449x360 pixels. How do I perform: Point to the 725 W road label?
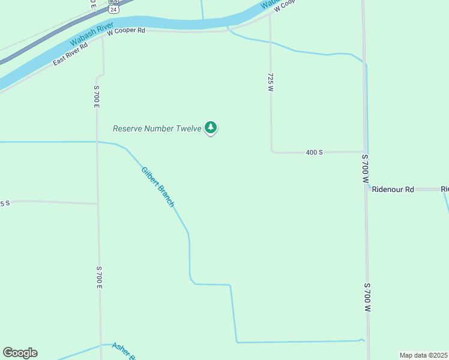pyautogui.click(x=271, y=82)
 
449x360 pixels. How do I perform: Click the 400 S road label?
pyautogui.click(x=315, y=152)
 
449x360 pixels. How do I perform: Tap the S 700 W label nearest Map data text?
pyautogui.click(x=367, y=297)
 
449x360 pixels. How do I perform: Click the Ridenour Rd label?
pyautogui.click(x=393, y=189)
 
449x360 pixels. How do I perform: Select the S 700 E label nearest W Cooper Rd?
pyautogui.click(x=96, y=96)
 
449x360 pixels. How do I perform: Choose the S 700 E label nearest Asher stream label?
pyautogui.click(x=99, y=278)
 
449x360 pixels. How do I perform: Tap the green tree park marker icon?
pyautogui.click(x=210, y=127)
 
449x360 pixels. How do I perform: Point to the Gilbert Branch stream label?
pyautogui.click(x=158, y=187)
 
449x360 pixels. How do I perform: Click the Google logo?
pyautogui.click(x=20, y=353)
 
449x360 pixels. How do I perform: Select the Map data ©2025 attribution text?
pyautogui.click(x=423, y=355)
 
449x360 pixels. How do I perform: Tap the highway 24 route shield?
pyautogui.click(x=114, y=8)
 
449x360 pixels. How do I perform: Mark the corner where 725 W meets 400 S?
pyautogui.click(x=272, y=152)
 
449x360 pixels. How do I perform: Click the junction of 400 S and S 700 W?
pyautogui.click(x=364, y=152)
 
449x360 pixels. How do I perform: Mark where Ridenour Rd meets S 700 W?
pyautogui.click(x=366, y=189)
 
